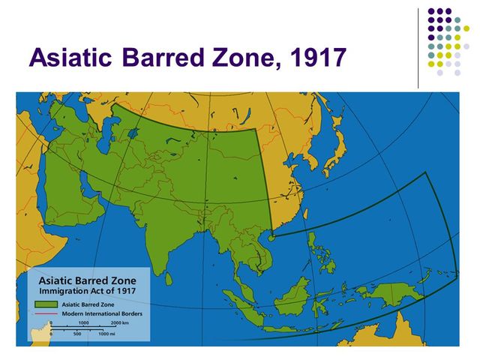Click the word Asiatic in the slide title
coord(73,58)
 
